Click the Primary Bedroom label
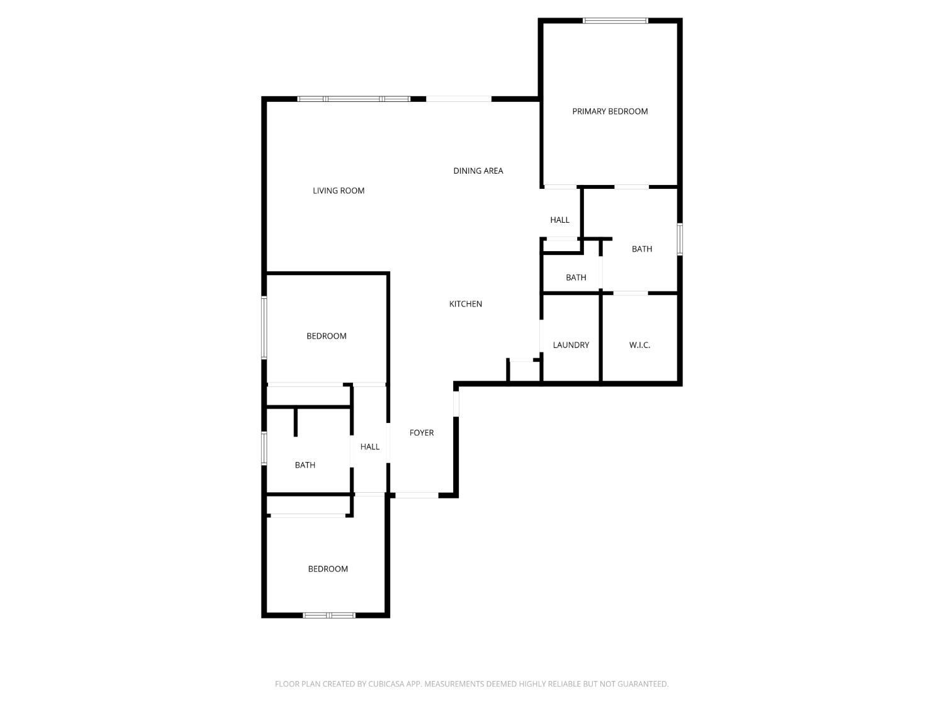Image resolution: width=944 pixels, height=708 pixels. click(x=610, y=111)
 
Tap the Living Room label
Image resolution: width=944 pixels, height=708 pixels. click(x=339, y=191)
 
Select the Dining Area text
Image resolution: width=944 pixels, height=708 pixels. click(x=478, y=171)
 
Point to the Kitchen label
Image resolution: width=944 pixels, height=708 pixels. click(x=466, y=304)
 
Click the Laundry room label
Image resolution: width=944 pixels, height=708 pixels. click(x=571, y=345)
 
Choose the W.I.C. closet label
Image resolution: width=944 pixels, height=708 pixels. click(x=639, y=345)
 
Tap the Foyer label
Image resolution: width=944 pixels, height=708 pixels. click(x=422, y=433)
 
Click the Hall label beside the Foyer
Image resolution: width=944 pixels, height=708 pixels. click(x=370, y=447)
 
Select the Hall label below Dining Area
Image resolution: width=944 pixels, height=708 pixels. click(x=559, y=220)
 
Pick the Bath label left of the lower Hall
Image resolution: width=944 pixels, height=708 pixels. click(x=305, y=465)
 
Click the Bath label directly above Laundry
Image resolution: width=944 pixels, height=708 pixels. click(x=576, y=278)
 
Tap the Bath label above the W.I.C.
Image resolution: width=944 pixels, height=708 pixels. click(x=642, y=249)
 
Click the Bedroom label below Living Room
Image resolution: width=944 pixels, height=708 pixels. click(x=327, y=336)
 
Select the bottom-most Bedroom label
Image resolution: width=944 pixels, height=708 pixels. click(x=328, y=569)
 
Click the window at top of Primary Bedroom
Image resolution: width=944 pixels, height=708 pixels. click(x=615, y=21)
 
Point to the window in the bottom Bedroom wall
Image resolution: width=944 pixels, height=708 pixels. click(x=329, y=615)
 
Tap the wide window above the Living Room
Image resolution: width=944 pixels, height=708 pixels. click(x=354, y=99)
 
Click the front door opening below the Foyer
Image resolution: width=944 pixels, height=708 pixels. click(x=416, y=495)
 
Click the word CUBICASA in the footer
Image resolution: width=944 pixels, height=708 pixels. click(x=385, y=684)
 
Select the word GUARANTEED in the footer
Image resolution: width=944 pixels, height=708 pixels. click(x=644, y=684)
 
